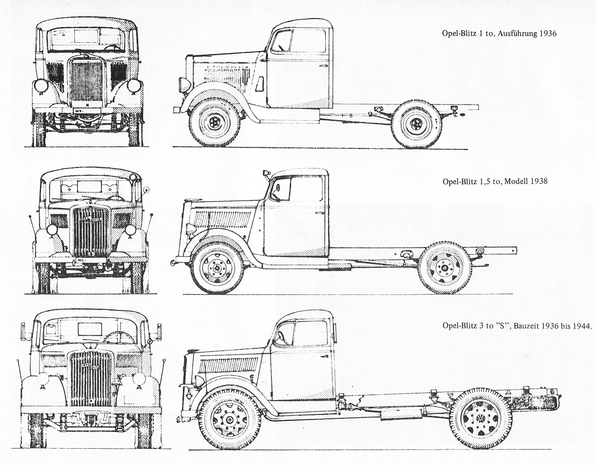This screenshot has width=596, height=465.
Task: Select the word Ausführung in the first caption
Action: click(515, 34)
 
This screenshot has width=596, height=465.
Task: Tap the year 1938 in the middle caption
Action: click(538, 181)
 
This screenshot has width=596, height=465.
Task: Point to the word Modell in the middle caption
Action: click(516, 181)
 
